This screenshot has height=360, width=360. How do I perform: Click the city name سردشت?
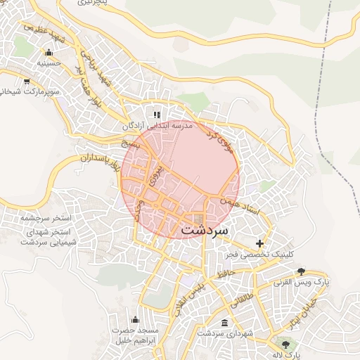pos(205,229)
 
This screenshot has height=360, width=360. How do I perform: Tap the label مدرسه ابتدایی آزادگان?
pos(158,126)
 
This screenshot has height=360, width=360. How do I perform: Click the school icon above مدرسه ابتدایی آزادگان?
pos(157,114)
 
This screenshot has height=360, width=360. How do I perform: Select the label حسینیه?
pos(38,63)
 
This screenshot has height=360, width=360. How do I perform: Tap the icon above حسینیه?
pos(48,52)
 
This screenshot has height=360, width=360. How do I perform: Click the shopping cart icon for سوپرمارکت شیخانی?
pos(27,81)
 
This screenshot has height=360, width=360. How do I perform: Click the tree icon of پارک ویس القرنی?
pos(302,271)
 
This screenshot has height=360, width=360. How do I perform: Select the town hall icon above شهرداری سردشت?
pos(224,323)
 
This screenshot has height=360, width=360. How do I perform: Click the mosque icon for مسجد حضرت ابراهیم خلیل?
pos(136,319)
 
